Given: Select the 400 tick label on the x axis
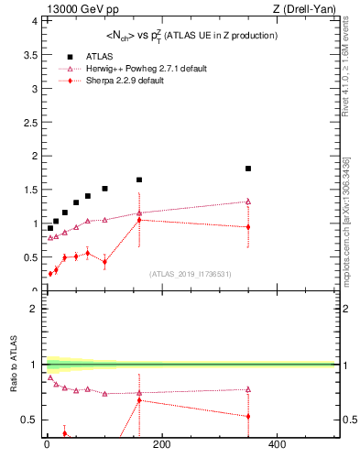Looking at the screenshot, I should pos(276,445).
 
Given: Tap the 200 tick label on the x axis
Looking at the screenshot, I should pos(161,445).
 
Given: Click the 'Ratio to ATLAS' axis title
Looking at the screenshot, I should pos(14,366).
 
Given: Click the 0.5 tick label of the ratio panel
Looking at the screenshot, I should pos(29,420).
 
